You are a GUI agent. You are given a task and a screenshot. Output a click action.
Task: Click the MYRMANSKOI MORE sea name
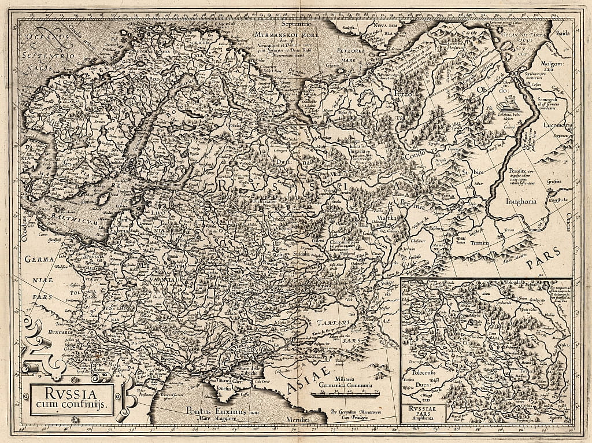[x=282, y=34]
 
